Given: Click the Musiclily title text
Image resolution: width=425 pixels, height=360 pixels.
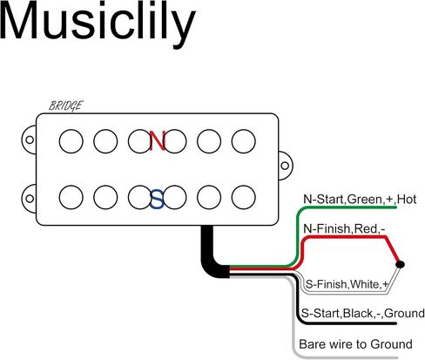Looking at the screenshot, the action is coord(98,24).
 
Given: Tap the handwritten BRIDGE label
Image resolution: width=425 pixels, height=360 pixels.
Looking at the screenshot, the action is coord(66,105).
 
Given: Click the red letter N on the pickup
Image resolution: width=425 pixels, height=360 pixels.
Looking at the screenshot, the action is coord(158,140).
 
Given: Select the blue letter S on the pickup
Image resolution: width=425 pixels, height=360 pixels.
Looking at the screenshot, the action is coord(157,199).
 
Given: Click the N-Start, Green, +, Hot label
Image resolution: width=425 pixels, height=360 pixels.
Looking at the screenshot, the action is coord(360,200).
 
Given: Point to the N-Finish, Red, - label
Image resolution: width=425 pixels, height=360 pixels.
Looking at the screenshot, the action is coord(344,228).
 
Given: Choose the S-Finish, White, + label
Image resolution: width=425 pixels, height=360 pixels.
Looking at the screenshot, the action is coord(347,284).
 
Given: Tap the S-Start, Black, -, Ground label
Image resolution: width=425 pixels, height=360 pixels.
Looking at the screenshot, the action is coord(363,313).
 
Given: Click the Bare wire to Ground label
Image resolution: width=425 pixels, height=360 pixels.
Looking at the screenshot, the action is coord(355,344).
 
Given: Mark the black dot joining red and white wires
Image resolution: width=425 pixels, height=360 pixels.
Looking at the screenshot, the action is coord(401,264).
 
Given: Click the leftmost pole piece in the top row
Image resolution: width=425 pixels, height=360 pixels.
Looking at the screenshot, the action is coord(71,141).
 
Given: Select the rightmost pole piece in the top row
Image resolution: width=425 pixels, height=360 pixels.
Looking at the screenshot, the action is coord(244,141).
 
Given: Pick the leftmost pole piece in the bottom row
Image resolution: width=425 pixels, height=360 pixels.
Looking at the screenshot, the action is coord(71,197).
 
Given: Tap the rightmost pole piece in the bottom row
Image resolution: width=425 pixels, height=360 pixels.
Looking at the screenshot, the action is coord(244,197).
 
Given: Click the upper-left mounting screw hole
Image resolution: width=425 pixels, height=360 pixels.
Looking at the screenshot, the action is coord(30,139).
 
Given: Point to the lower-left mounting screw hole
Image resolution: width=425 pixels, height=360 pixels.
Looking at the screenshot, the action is coord(30,199).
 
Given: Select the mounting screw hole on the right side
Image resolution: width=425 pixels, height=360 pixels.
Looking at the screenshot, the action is coord(285,166).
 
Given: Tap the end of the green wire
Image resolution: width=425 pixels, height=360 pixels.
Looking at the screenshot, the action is coord(396,207).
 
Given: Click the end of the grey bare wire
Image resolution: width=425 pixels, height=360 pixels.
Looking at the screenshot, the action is coord(397,358).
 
